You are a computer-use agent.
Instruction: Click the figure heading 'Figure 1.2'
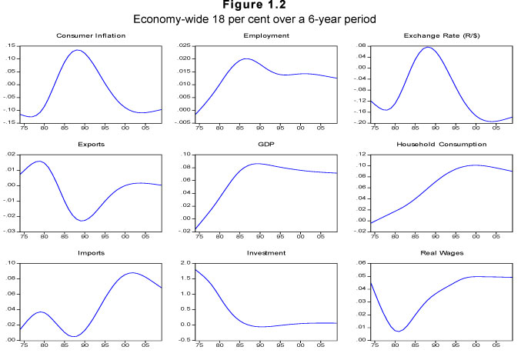(265, 6)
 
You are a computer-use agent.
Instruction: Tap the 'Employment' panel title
(265, 36)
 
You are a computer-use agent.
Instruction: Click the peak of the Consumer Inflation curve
(77, 50)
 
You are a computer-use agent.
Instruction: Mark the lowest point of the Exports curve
(82, 221)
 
